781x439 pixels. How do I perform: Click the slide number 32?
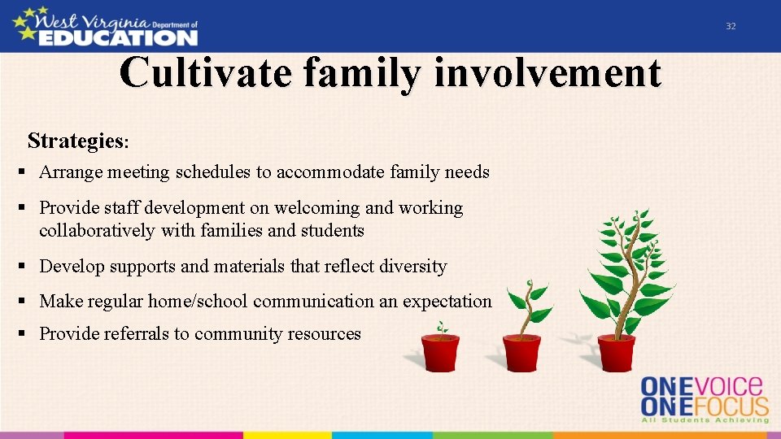tap(731, 26)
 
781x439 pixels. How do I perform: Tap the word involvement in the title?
tap(548, 73)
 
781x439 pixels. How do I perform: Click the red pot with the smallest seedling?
tap(441, 353)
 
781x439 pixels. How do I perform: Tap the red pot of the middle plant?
tap(521, 353)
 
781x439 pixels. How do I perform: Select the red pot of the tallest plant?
tap(616, 353)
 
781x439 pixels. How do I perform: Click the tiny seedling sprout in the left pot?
tap(442, 329)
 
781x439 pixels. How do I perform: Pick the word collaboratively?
tap(97, 231)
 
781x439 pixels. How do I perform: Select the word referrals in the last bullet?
tap(138, 334)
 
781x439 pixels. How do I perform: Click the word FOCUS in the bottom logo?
tap(735, 406)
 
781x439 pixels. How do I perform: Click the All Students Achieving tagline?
tap(705, 420)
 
